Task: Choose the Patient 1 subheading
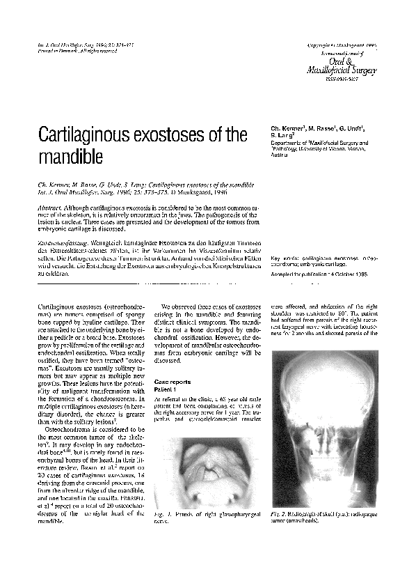pos(167,391)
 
